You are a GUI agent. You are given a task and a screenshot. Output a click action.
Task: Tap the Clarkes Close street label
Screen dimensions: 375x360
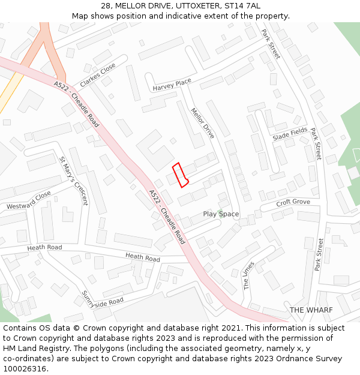(98, 76)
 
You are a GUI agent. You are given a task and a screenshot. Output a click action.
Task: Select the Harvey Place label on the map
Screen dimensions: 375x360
(172, 85)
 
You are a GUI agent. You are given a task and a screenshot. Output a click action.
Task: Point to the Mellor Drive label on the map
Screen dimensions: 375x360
(202, 123)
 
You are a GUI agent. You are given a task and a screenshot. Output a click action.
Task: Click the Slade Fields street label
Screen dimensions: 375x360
(290, 135)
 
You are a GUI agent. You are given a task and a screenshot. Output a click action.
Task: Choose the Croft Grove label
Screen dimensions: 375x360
(293, 203)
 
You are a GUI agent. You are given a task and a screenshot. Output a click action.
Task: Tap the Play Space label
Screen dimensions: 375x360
(221, 214)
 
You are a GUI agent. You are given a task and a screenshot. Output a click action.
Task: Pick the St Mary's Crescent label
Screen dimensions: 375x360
(73, 181)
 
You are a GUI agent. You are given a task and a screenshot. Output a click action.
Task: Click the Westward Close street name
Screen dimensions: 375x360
(29, 201)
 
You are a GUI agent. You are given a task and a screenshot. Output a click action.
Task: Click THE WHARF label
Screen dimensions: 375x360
(311, 310)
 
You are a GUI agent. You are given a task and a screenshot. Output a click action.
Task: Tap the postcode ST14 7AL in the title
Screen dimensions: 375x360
(244, 6)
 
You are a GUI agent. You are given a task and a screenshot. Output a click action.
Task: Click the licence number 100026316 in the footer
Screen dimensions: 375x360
(25, 369)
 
